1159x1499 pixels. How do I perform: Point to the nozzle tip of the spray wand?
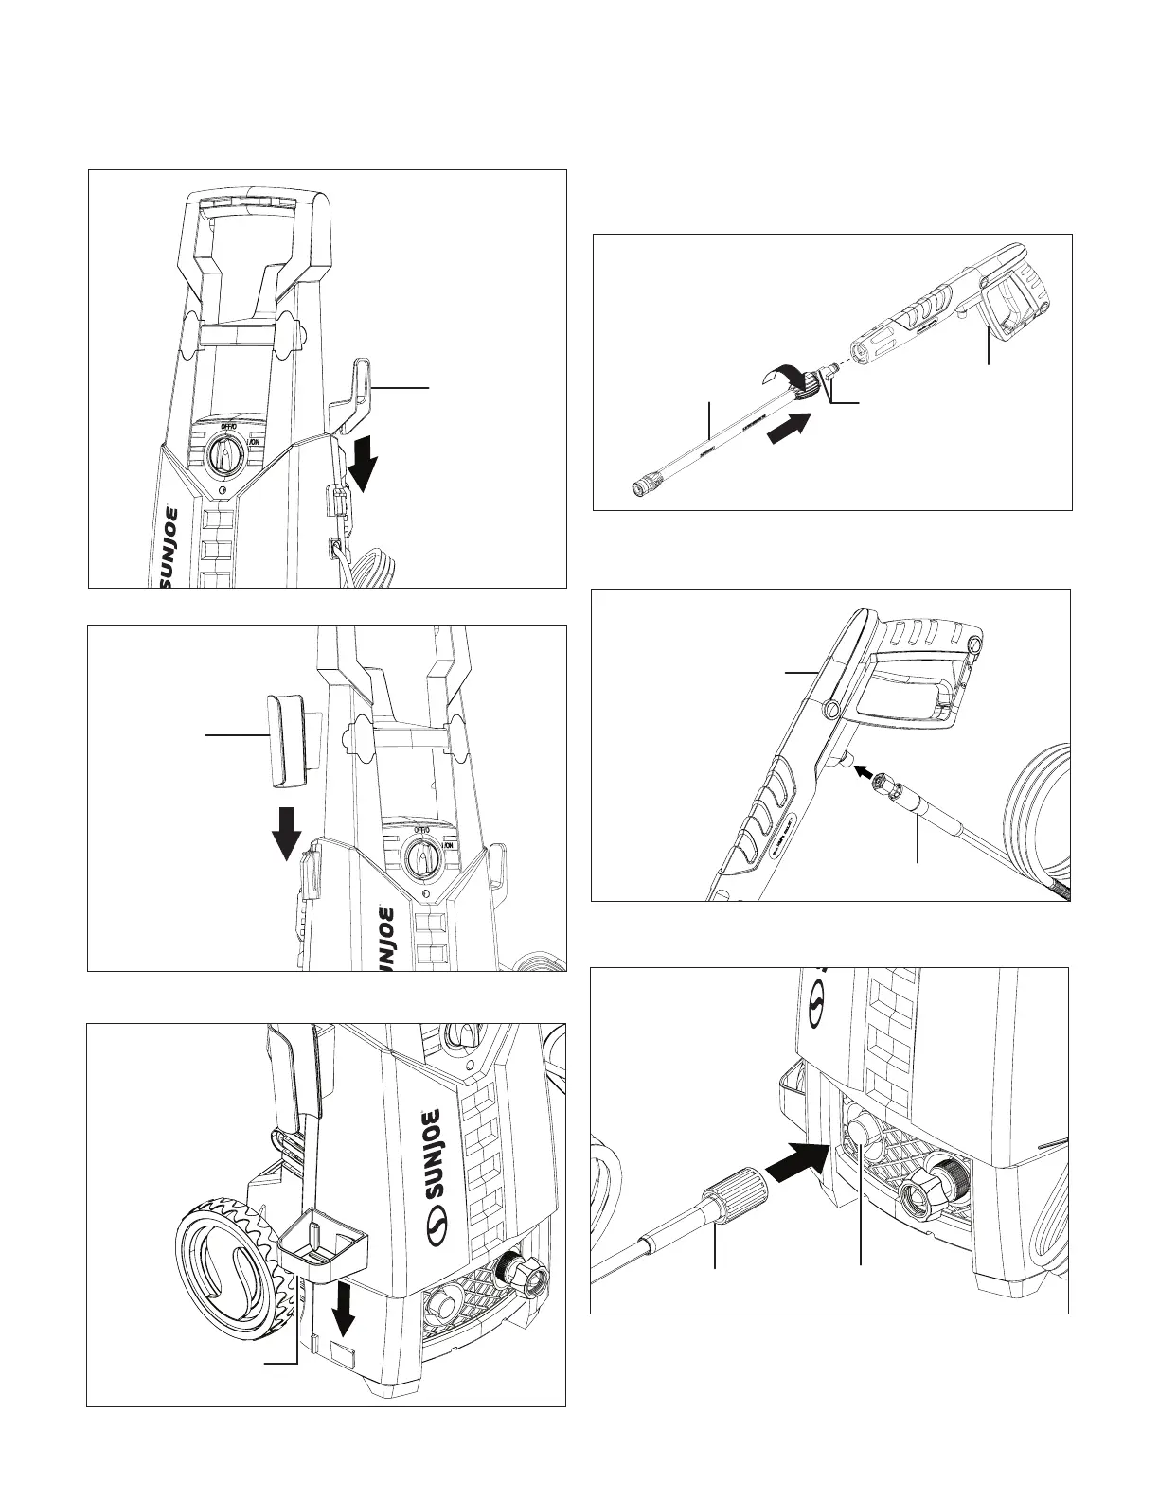click(x=640, y=488)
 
